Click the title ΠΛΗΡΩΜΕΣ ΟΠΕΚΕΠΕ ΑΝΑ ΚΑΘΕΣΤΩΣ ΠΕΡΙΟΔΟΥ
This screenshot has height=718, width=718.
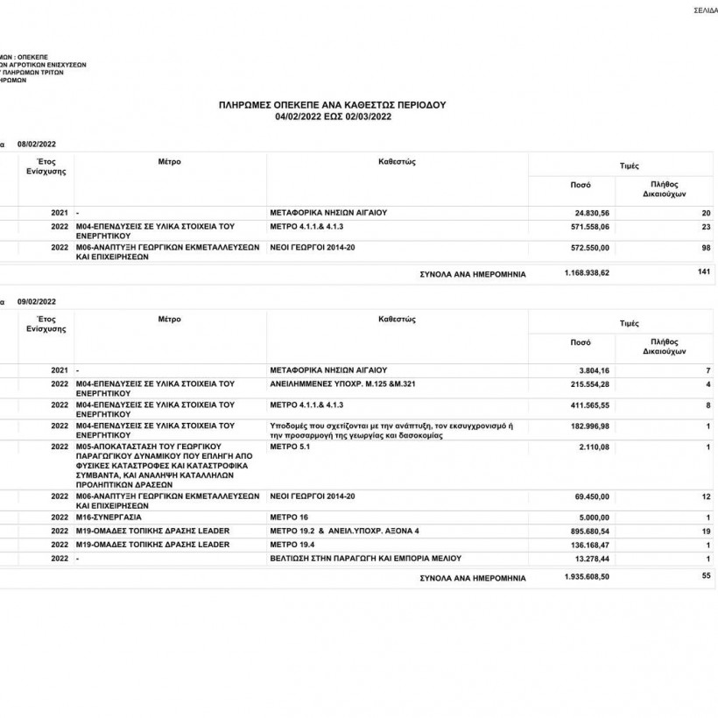332,104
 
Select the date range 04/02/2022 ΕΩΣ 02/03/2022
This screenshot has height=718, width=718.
332,115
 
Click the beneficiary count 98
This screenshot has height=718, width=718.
706,248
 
